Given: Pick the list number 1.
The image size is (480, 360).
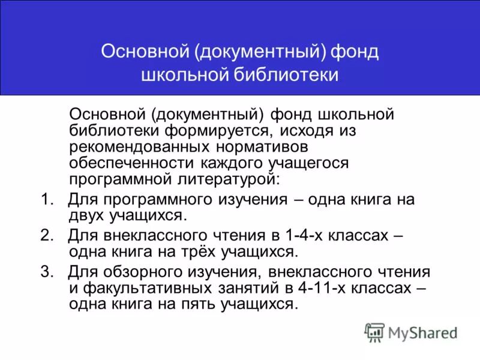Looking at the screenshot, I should pos(46,199).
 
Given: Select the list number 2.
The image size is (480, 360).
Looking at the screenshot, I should pos(47,235).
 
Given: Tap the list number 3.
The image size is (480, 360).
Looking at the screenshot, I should pos(47,271).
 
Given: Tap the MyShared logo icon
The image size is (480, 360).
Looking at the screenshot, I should pos(374,332).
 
